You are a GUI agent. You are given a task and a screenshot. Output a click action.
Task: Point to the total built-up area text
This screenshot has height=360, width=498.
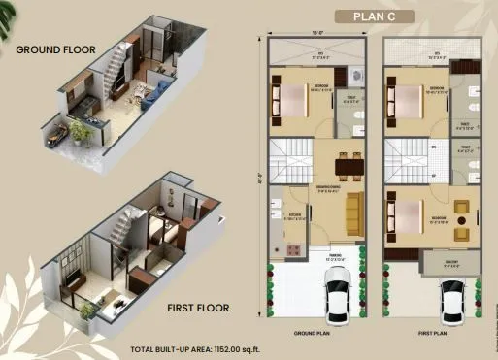tap(196, 348)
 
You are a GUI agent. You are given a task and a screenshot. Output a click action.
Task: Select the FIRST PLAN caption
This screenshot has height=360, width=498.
tap(431, 331)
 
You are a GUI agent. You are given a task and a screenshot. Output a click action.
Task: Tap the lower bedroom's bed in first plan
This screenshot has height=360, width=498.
tap(407, 216)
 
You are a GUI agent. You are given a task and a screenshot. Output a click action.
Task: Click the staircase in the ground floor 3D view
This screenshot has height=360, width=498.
tap(119, 68)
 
